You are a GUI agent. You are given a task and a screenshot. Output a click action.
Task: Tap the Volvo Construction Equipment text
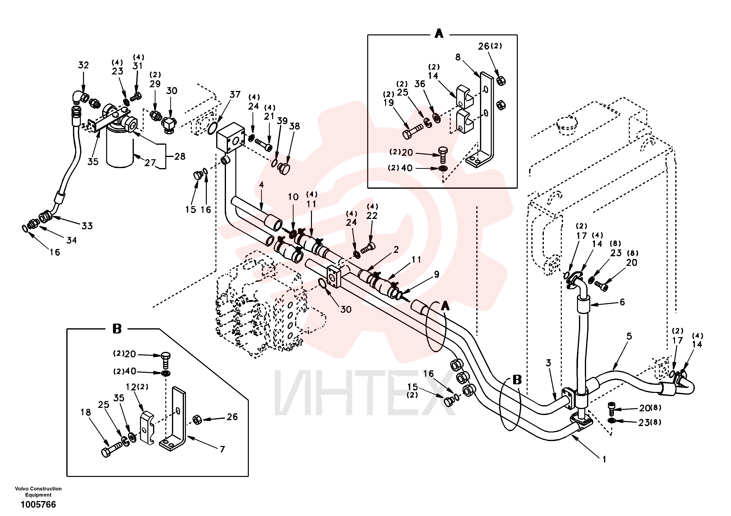(x=38, y=491)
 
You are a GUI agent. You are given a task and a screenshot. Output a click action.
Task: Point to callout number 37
(x=235, y=94)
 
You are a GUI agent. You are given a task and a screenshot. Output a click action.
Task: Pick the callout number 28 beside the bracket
(x=180, y=156)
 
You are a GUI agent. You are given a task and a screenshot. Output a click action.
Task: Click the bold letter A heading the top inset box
(x=439, y=33)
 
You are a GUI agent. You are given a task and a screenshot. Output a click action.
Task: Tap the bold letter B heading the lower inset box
(x=117, y=329)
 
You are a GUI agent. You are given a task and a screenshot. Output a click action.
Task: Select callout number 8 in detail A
(x=458, y=57)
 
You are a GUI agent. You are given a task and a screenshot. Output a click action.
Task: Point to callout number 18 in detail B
(x=86, y=413)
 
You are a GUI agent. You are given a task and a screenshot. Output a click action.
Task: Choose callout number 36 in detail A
(x=420, y=84)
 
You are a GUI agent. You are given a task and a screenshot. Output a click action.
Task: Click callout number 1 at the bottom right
(x=604, y=459)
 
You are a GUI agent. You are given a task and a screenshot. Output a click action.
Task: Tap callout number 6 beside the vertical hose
(x=622, y=302)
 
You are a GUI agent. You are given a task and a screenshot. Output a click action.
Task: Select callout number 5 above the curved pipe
(x=629, y=336)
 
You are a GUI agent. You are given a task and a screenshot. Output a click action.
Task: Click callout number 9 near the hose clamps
(x=436, y=274)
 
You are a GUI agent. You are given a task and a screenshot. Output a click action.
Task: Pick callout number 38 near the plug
(x=295, y=126)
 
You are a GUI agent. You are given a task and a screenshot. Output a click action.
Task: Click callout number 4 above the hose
(x=261, y=185)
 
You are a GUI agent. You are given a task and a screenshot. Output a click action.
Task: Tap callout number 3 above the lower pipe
(x=548, y=363)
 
